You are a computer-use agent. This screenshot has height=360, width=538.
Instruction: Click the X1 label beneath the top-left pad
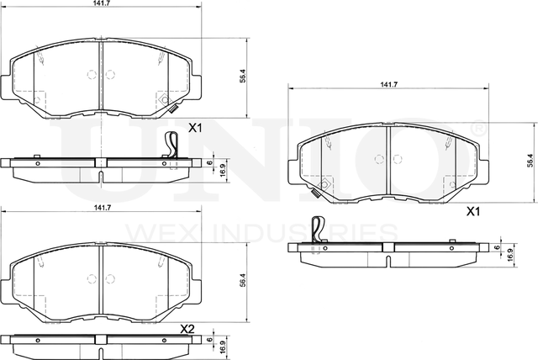coord(195,129)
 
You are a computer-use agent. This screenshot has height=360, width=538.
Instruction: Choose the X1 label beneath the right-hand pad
coord(472,213)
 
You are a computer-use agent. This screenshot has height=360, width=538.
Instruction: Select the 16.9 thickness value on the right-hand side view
coord(510,257)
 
